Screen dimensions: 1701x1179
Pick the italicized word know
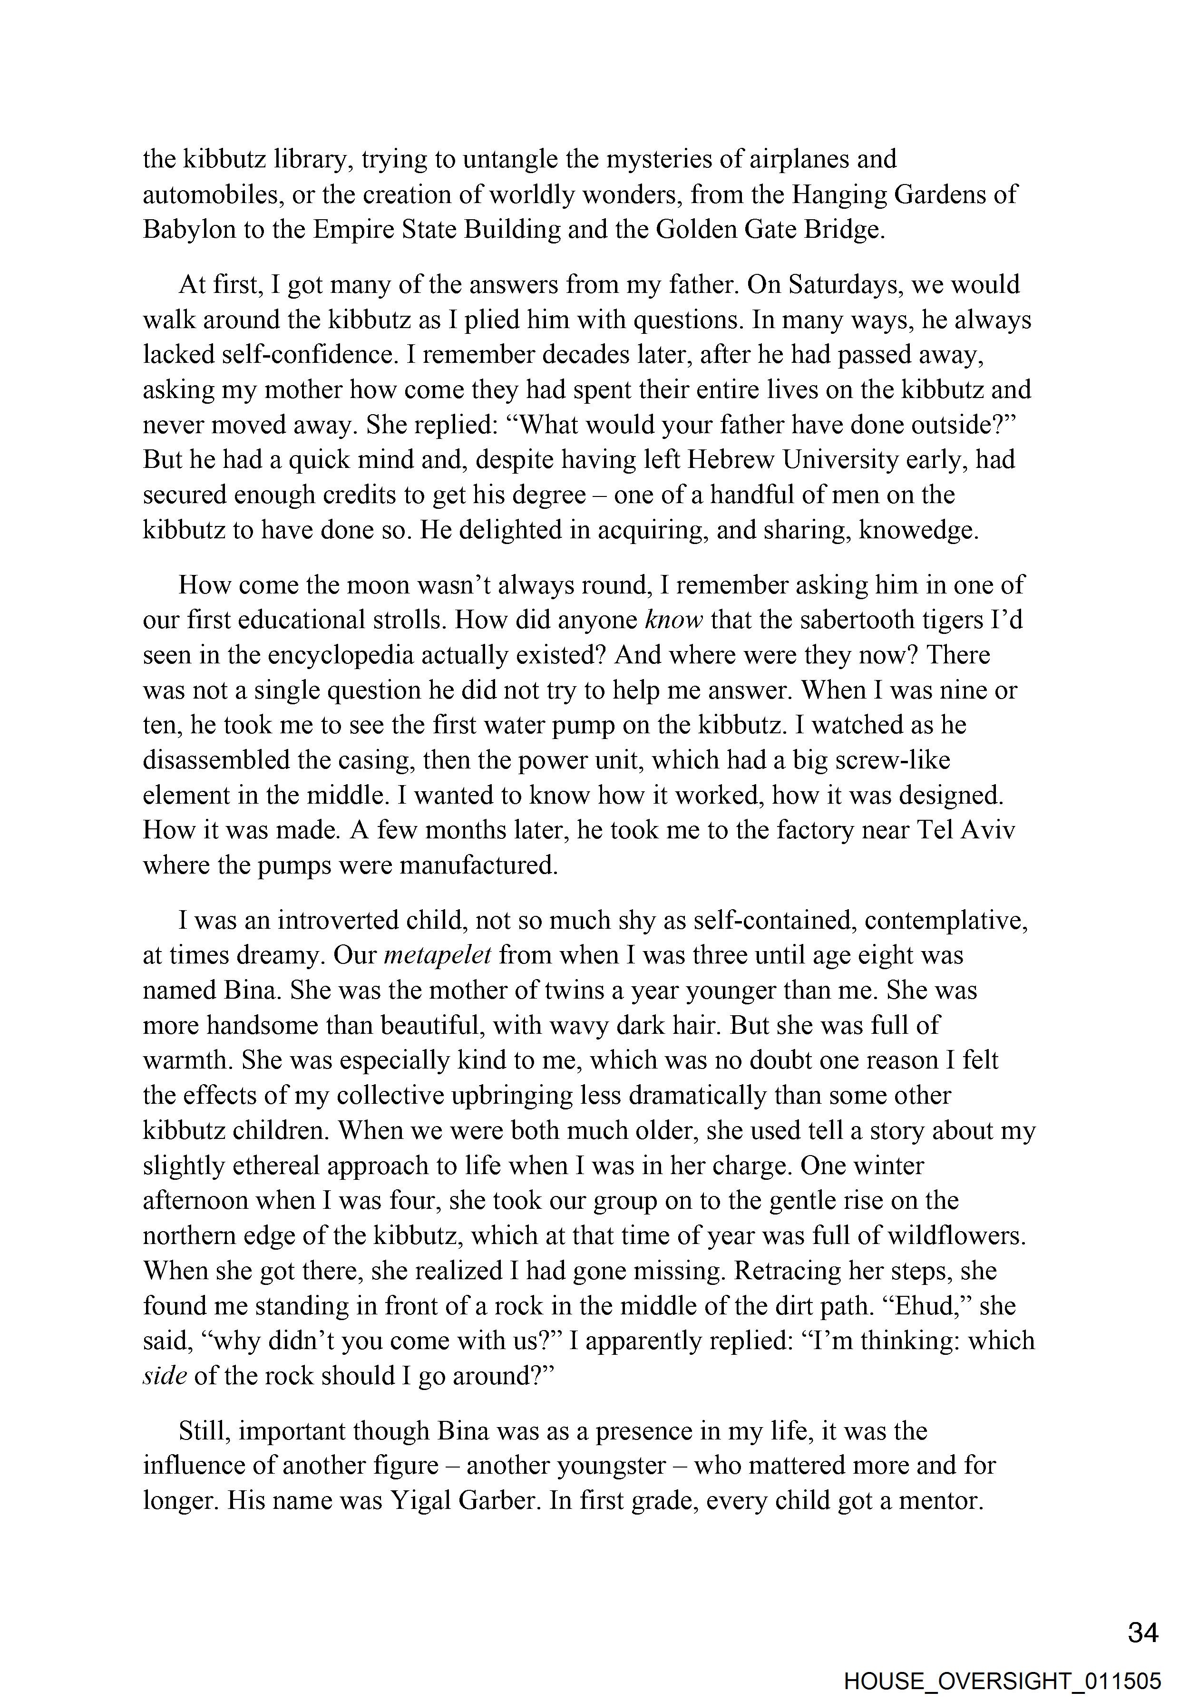673,620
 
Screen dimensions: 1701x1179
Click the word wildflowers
956,1235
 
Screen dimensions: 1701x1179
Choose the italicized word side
164,1375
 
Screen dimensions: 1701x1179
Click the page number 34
1143,1633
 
